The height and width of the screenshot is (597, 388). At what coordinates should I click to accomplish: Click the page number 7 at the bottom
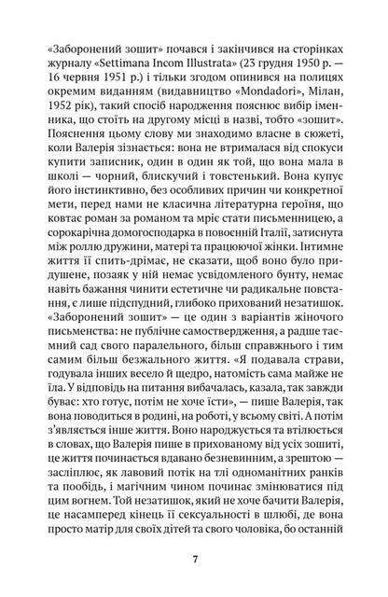click(x=194, y=561)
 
